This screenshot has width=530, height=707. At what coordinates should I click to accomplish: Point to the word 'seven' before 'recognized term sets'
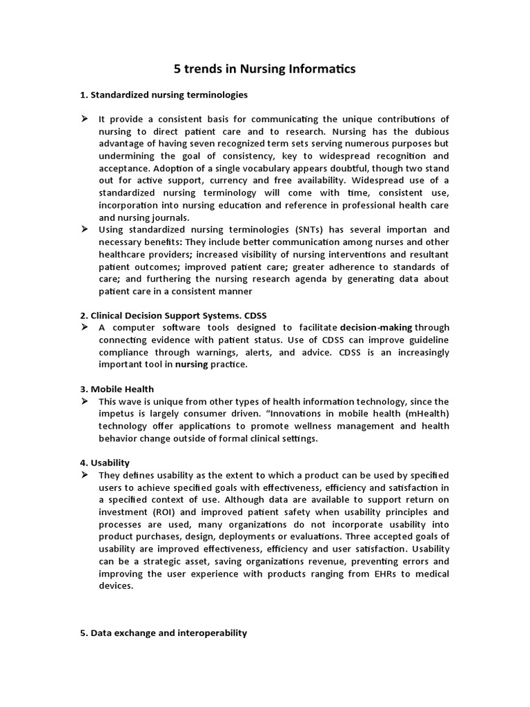pos(206,144)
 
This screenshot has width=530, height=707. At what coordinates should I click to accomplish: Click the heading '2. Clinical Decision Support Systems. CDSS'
pos(173,315)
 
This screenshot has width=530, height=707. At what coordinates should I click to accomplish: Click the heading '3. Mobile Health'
pos(117,389)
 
